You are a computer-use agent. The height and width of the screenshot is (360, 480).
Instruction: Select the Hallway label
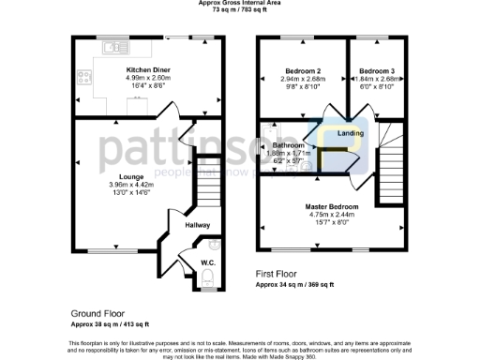[196, 225]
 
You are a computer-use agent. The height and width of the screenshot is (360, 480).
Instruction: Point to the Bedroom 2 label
[302, 71]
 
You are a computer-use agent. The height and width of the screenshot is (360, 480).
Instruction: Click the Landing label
[351, 134]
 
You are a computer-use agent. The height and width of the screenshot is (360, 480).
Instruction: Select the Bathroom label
[288, 146]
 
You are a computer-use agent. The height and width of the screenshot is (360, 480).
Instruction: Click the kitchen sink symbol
[114, 47]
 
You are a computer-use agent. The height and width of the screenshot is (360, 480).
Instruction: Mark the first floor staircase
[392, 170]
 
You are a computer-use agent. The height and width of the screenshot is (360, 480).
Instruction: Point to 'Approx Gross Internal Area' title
[239, 3]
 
